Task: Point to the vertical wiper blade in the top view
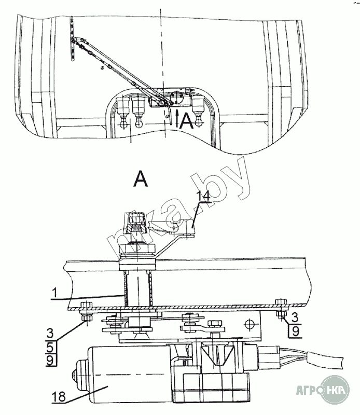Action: click(x=73, y=39)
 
